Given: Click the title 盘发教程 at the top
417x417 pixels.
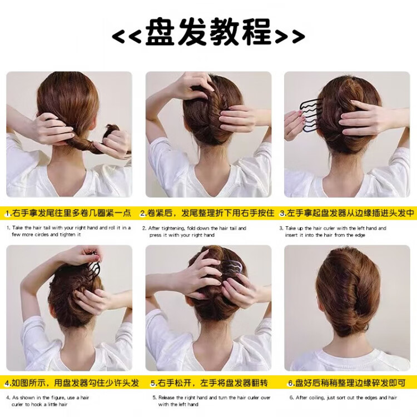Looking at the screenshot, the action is [209, 32].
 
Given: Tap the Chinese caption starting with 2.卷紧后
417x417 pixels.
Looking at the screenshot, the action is [207, 213].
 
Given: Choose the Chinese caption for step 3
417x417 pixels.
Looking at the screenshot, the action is [347, 213].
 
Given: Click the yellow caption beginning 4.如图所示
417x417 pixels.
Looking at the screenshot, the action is [72, 383].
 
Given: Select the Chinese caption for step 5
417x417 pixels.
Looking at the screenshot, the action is [209, 383].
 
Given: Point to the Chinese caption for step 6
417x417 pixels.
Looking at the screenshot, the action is [347, 383].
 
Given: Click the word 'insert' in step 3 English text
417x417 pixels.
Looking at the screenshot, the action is [291, 235].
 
